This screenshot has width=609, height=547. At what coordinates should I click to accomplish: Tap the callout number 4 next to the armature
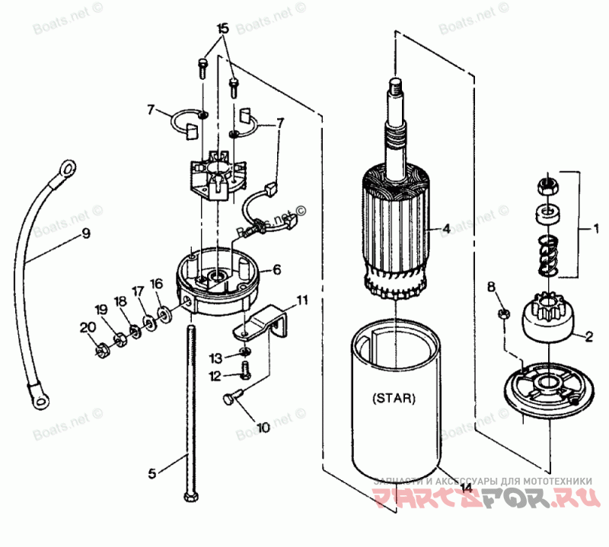447,228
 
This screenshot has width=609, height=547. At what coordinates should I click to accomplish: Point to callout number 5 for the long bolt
152,473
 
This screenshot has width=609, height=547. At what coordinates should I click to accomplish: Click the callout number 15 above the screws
222,29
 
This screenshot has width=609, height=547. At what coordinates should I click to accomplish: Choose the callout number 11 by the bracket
302,300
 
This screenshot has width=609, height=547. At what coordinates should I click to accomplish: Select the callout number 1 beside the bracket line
596,227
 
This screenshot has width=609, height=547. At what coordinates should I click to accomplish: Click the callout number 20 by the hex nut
85,329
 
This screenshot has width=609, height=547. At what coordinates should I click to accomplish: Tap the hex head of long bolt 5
190,498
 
